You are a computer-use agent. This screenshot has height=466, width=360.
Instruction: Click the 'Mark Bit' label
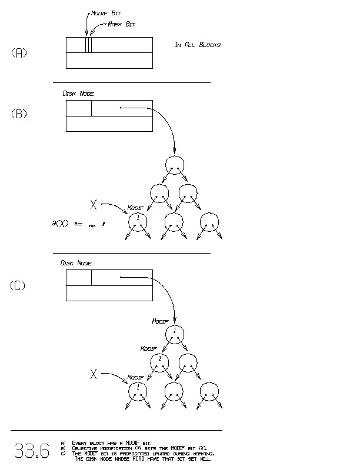[121, 24]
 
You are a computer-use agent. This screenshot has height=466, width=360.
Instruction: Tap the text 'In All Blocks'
[198, 45]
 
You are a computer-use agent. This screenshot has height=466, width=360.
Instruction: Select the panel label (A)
[19, 52]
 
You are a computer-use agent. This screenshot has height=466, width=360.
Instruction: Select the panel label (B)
[19, 114]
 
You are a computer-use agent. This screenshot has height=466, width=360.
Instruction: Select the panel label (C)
[18, 286]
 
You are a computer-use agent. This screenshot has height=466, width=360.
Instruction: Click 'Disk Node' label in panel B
[78, 94]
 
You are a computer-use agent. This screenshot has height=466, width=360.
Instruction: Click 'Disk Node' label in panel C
[76, 263]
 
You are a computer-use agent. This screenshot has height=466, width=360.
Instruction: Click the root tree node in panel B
[175, 164]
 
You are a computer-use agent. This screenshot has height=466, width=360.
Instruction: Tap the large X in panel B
[93, 204]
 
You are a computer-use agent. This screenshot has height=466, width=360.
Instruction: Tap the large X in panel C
[93, 374]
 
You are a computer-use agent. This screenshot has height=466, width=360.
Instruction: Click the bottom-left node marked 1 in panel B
[138, 221]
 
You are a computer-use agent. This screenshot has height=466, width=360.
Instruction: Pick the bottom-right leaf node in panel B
[209, 221]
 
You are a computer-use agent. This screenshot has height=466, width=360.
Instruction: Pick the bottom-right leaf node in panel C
[209, 391]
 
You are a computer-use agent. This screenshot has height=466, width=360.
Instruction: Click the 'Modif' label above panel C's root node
[160, 321]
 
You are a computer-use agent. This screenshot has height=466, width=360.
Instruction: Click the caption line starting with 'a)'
[111, 442]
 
